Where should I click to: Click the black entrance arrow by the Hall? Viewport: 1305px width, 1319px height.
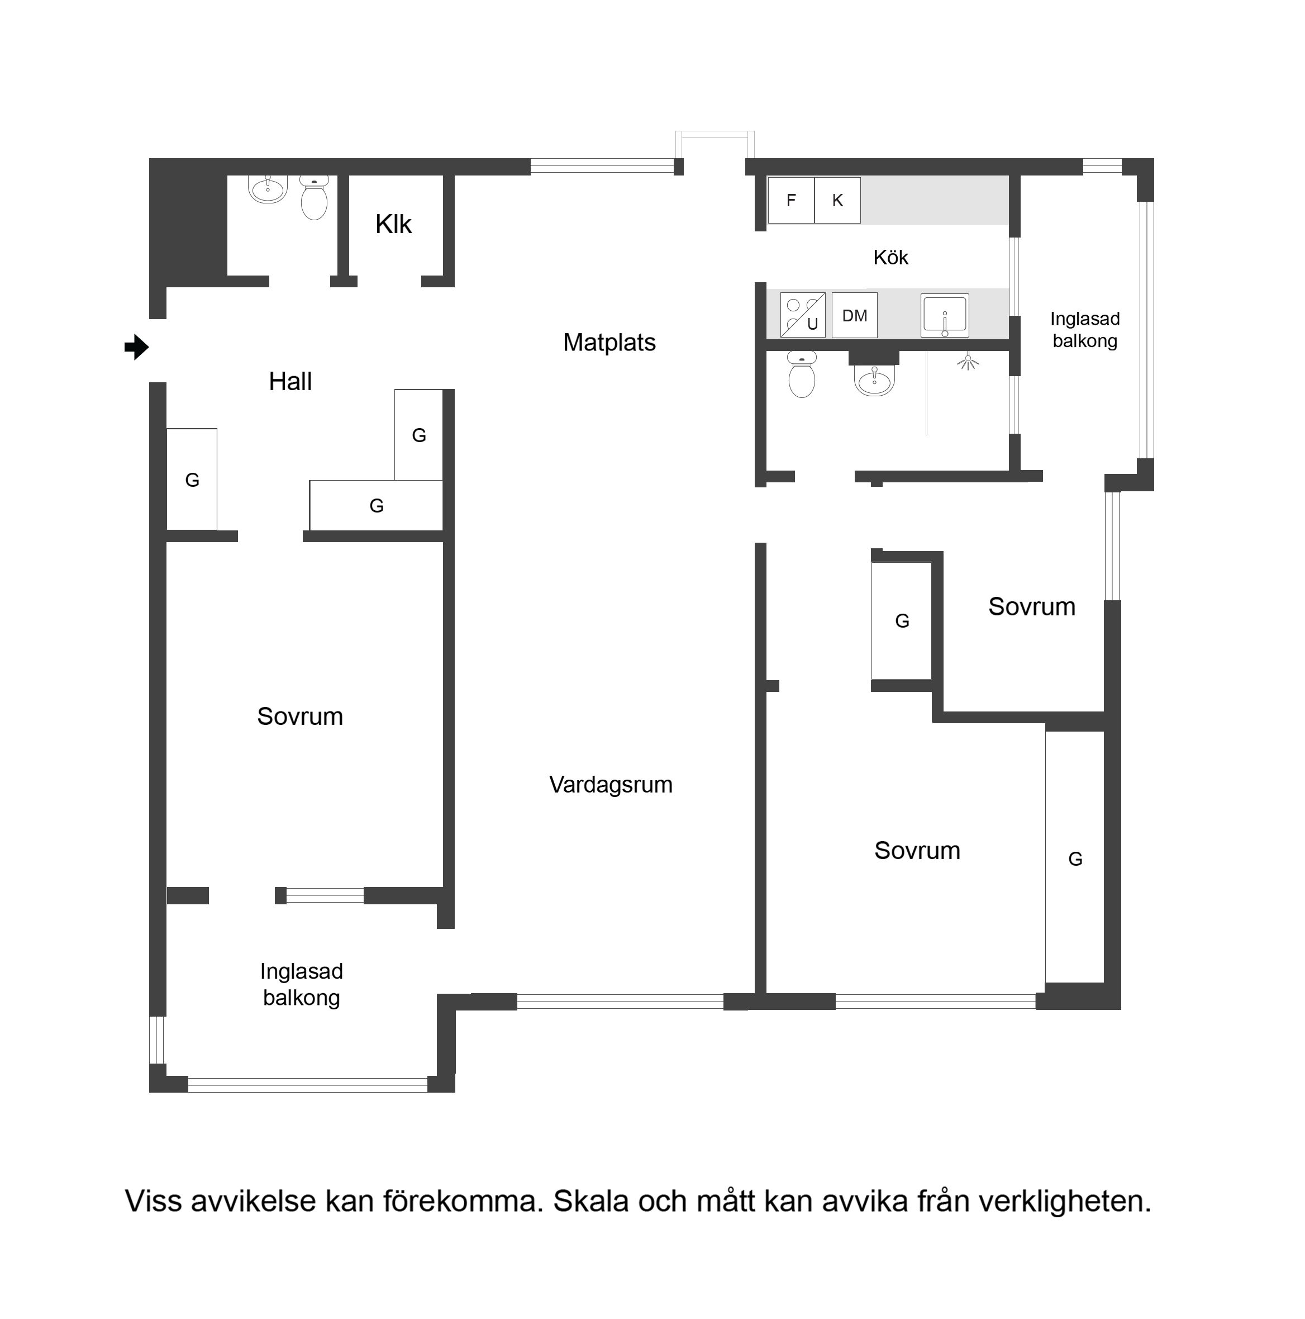(x=136, y=347)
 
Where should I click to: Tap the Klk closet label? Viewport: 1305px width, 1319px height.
(x=393, y=224)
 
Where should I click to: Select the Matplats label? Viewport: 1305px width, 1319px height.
(x=609, y=342)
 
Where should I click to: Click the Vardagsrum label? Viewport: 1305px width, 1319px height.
(x=611, y=785)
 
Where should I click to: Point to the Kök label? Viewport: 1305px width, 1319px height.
(x=890, y=258)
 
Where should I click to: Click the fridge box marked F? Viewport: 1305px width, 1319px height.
(x=791, y=200)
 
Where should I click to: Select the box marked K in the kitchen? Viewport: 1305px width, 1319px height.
(x=837, y=200)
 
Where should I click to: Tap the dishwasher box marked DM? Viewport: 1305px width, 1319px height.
(x=855, y=315)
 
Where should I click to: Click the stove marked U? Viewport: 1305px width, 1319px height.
(x=803, y=315)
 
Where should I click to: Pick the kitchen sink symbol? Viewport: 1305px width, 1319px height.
(x=945, y=315)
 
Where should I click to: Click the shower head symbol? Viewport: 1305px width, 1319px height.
(x=968, y=361)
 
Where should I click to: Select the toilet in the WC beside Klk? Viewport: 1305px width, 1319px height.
(x=314, y=197)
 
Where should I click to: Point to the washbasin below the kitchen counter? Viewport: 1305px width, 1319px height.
(x=874, y=379)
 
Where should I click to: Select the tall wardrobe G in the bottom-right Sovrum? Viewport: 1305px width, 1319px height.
(x=1075, y=858)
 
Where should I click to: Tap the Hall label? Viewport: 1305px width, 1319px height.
(x=290, y=381)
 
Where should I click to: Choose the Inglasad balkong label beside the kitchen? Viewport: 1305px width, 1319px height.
(x=1084, y=330)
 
